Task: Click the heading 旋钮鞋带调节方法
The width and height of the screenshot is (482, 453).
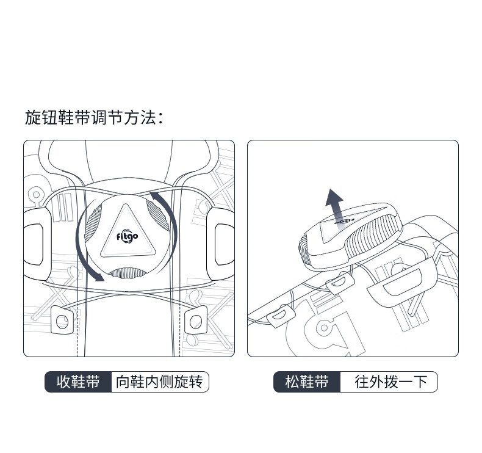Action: tap(94, 118)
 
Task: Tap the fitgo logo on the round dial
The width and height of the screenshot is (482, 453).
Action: tap(128, 237)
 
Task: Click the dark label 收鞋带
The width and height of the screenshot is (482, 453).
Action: tap(78, 382)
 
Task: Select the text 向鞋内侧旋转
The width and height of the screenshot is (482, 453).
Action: tap(159, 382)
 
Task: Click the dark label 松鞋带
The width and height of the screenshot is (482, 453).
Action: tap(307, 382)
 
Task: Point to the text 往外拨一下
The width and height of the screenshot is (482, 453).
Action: tap(391, 382)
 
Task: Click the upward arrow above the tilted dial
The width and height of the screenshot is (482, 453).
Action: tap(335, 209)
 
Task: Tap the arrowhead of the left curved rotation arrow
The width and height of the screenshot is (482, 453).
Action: tap(98, 277)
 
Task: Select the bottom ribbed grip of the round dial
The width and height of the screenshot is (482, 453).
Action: tap(128, 273)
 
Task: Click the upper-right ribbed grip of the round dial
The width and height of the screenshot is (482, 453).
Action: tap(158, 216)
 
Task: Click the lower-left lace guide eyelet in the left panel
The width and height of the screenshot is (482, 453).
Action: tap(62, 320)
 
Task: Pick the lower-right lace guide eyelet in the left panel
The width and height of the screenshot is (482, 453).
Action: tap(196, 320)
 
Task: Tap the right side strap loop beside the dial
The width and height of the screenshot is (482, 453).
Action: tap(221, 244)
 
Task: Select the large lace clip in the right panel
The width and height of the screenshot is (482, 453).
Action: tap(401, 282)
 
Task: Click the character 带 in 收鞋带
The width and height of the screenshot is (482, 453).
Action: tap(93, 382)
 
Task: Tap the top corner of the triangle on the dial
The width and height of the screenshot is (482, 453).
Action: tap(126, 204)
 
